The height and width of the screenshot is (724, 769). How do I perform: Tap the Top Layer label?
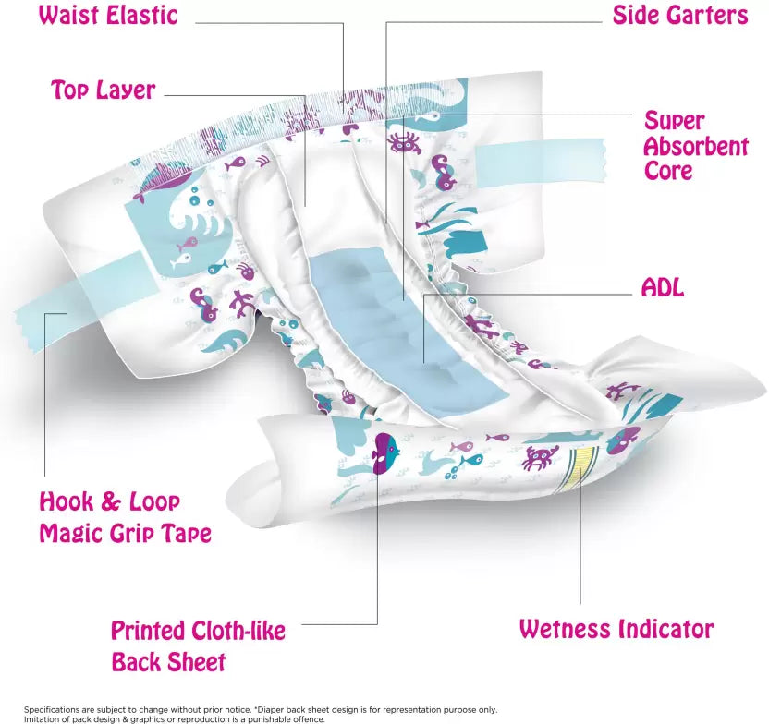(x=104, y=90)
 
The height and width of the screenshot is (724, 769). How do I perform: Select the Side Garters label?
(x=680, y=16)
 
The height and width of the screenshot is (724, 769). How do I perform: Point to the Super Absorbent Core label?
(x=696, y=146)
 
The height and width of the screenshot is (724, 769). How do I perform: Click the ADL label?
(x=663, y=287)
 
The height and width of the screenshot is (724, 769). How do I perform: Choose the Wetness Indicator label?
(x=616, y=629)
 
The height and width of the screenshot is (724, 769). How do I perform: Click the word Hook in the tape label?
(x=64, y=502)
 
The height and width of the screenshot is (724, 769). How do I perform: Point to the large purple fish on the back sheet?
(x=386, y=453)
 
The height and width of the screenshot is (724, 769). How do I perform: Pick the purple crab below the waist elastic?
(x=403, y=141)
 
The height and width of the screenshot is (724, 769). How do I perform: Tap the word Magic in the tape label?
(x=70, y=533)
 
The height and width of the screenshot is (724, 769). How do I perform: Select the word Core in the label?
(x=668, y=172)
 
